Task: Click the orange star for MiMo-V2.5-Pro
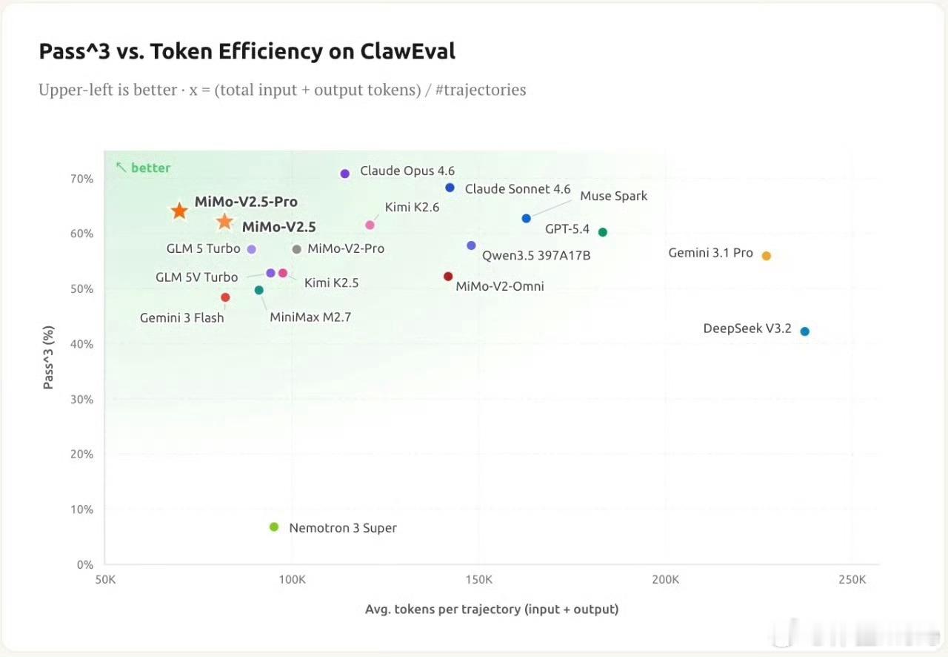click(179, 211)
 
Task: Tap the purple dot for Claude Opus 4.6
click(344, 174)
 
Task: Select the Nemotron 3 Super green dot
click(274, 527)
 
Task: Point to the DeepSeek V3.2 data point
click(805, 331)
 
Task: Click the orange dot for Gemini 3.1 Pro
click(767, 256)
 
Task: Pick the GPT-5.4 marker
click(603, 232)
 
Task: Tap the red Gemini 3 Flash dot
click(225, 297)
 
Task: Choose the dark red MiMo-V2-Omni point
click(448, 277)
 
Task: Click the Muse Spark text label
click(613, 196)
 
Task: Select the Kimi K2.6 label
click(412, 208)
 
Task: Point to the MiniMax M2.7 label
click(310, 317)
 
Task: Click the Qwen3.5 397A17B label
click(536, 256)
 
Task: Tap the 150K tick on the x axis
click(479, 579)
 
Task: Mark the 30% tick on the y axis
click(83, 399)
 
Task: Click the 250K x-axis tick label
click(852, 579)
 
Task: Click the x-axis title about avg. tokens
click(492, 610)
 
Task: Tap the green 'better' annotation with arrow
click(144, 168)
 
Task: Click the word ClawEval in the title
click(408, 51)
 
